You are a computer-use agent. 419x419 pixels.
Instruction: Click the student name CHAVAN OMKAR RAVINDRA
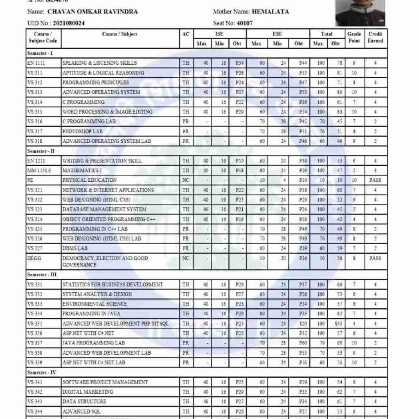coord(93,12)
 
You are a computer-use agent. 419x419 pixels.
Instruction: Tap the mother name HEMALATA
coord(270,12)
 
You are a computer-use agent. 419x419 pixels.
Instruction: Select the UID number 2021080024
coord(69,23)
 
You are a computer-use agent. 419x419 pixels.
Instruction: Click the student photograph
coord(360,13)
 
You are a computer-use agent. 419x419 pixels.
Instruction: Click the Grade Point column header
coord(354,37)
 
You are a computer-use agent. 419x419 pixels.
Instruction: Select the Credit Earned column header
coord(375,37)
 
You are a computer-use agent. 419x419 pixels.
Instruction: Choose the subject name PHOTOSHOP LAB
coord(83,131)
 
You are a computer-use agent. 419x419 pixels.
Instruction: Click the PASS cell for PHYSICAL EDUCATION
coord(375,180)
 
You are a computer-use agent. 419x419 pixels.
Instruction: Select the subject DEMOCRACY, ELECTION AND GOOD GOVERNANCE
coord(105,261)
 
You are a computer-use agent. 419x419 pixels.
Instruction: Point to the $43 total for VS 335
coord(336,323)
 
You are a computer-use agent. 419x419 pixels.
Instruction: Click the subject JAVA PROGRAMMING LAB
coord(94,343)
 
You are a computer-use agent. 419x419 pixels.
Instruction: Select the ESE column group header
coord(277,34)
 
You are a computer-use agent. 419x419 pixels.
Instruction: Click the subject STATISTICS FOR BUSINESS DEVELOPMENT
coord(113,284)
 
